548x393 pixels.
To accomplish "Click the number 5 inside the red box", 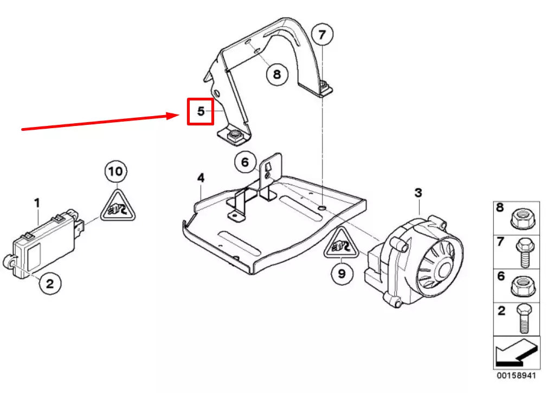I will point(201,111).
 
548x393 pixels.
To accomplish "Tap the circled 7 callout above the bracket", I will point(322,36).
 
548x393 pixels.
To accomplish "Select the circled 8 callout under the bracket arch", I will point(277,74).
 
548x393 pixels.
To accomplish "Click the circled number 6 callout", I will point(245,162).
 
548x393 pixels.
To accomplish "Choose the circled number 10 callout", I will point(115,173).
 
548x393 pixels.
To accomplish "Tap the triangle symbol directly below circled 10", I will point(118,207).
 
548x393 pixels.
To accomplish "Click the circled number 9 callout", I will point(341,274).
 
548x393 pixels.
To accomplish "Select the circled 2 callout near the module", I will point(49,283).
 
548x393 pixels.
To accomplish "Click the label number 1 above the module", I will point(37,203).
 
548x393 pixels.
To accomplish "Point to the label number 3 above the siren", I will point(418,193).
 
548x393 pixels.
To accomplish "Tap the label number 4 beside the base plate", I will point(201,178).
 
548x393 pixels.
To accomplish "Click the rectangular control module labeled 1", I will point(46,244).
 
